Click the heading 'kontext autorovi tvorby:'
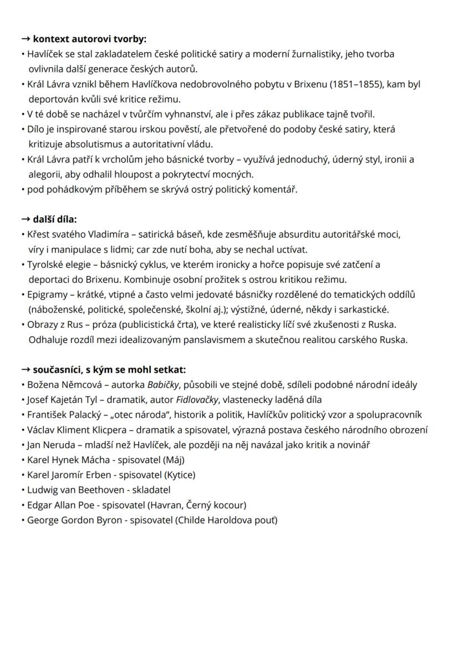click(90, 39)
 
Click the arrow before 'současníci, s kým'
click(25, 369)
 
